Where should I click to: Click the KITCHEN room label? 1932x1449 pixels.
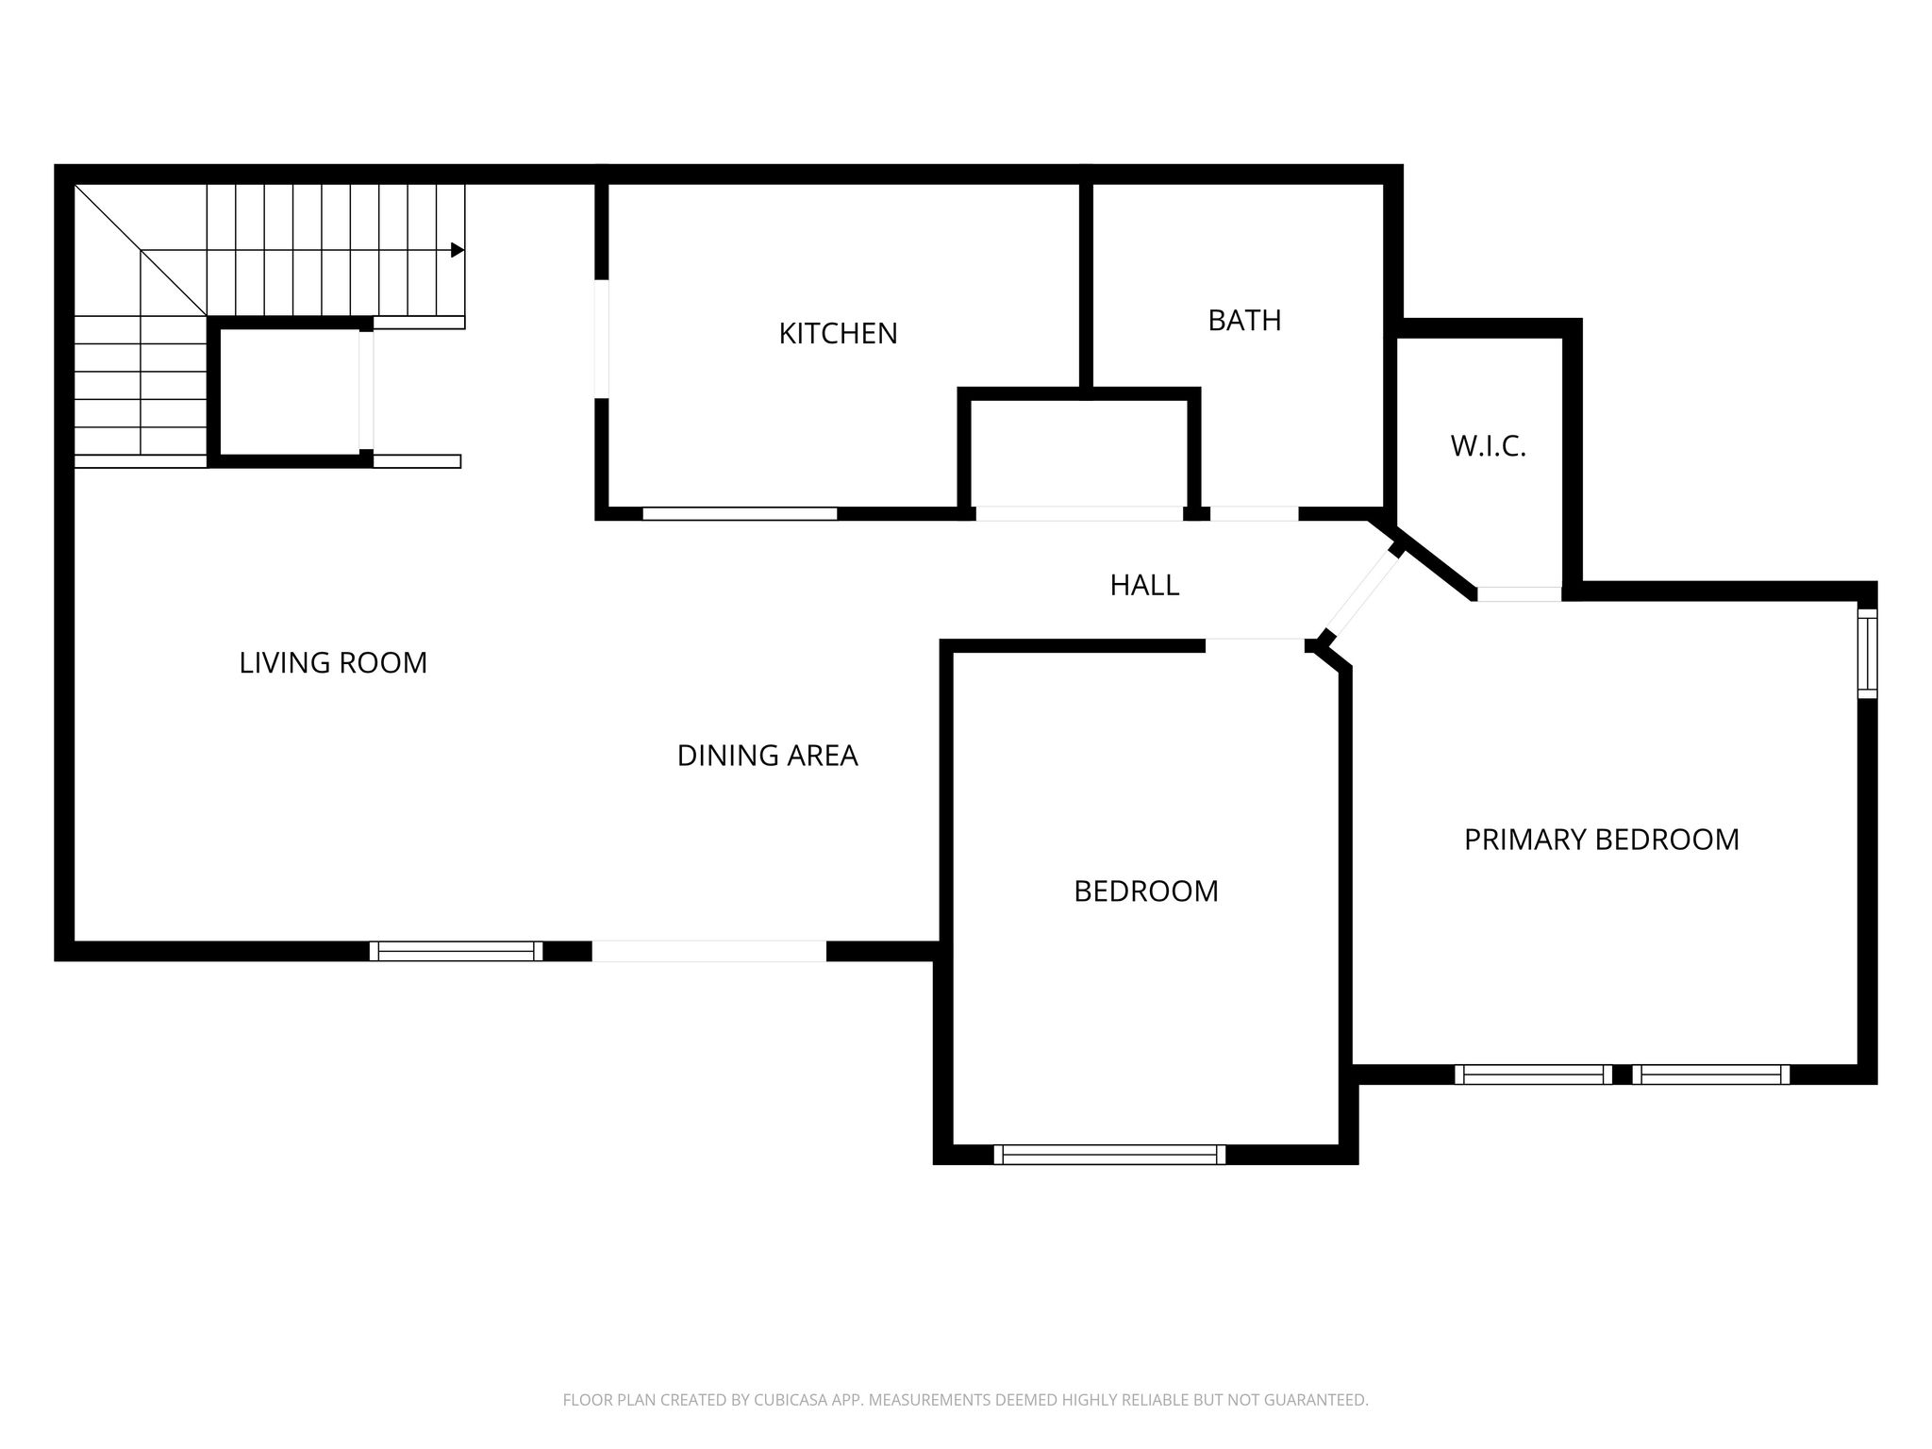[838, 333]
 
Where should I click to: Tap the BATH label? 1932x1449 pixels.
[1244, 321]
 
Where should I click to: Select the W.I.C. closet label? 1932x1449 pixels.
[1488, 446]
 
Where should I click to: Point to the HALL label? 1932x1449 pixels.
[1144, 586]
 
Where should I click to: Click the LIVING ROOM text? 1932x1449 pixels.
[333, 663]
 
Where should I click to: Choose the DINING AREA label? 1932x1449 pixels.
[767, 756]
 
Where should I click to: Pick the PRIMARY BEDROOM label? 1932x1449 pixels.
[1601, 840]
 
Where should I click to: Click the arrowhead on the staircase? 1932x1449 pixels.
[458, 250]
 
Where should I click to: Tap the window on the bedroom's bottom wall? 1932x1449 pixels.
[1109, 1155]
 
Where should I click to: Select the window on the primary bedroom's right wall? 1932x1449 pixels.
[1867, 654]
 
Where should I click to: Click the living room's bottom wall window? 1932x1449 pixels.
[456, 951]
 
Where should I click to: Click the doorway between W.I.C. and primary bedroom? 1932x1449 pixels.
[1519, 594]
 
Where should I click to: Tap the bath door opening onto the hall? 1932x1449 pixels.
[1254, 514]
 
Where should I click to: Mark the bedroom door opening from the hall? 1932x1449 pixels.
[1255, 645]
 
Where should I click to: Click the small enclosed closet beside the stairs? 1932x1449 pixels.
[290, 391]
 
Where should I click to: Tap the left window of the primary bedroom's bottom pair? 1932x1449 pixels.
[1533, 1074]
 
